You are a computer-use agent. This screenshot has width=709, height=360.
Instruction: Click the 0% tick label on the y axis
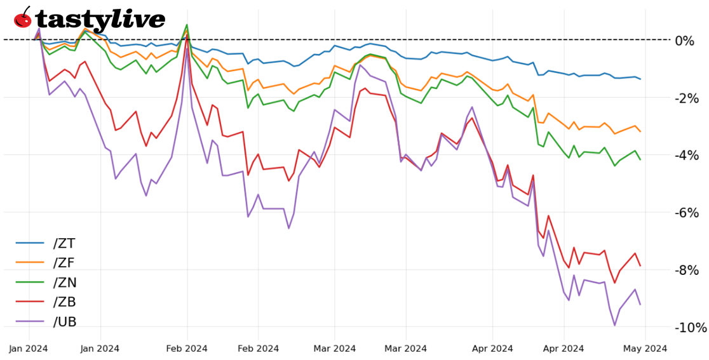685,41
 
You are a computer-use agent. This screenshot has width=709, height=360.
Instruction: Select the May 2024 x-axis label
645,348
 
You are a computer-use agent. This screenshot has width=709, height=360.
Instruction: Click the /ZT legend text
64,243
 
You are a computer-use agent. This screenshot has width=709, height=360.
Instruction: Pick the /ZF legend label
64,263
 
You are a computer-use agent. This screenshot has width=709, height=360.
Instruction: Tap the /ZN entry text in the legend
65,283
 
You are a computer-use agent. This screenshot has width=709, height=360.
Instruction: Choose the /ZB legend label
65,302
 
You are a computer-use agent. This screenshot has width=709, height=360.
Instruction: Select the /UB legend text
65,322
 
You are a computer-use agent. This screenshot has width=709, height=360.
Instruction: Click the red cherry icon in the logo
23,18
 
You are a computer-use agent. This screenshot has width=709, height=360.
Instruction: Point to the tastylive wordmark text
100,20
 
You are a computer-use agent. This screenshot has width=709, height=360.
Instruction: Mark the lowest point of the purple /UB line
614,325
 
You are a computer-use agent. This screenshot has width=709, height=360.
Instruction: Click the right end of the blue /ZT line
640,79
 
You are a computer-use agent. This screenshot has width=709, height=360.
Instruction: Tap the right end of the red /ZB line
640,265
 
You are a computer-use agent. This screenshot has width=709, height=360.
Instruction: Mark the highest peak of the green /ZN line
187,25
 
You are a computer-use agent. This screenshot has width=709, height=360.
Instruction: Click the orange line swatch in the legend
30,263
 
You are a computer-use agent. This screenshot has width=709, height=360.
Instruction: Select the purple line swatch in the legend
30,322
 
